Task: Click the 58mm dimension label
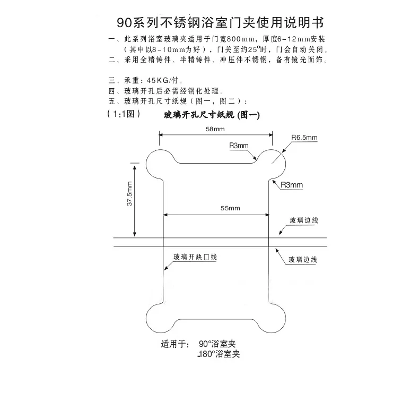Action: click(x=215, y=129)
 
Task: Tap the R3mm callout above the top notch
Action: click(x=238, y=146)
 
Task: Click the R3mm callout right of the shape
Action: click(x=292, y=185)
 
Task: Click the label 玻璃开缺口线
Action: click(x=195, y=257)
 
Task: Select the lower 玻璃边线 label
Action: click(x=303, y=260)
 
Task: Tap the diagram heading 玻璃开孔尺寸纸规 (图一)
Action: click(x=212, y=115)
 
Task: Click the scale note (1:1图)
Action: click(x=123, y=114)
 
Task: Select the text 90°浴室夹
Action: click(x=217, y=344)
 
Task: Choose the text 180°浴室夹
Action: click(x=218, y=354)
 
